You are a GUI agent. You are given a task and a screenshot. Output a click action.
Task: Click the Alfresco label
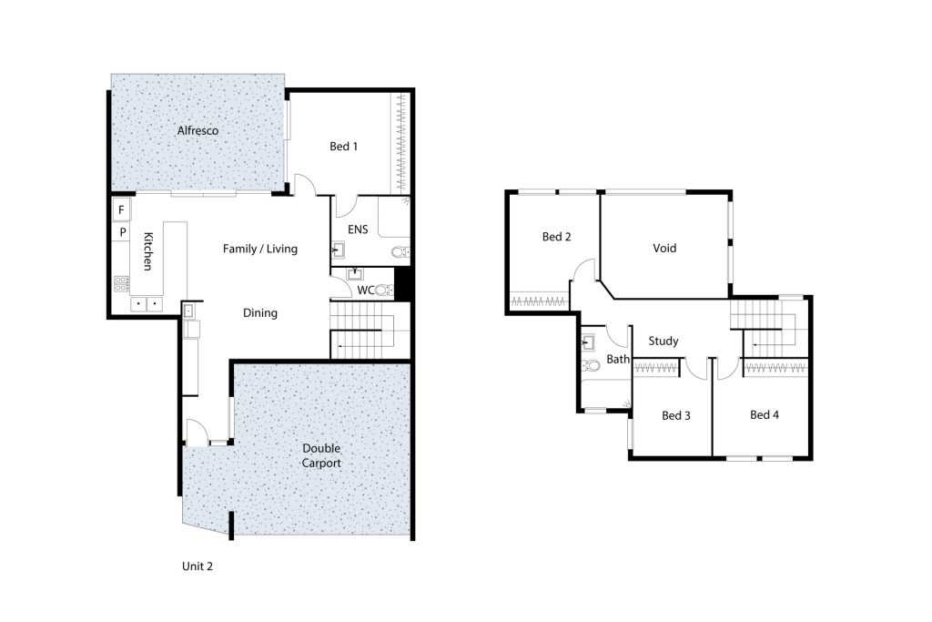(x=198, y=130)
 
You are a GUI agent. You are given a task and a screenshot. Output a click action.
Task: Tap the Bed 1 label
(x=343, y=147)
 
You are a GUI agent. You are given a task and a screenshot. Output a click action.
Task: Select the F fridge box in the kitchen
(x=121, y=209)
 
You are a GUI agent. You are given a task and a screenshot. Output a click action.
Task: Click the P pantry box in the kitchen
(x=123, y=232)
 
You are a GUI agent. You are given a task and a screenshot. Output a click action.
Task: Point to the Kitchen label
(x=148, y=251)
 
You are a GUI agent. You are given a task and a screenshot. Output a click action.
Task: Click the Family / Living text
(x=260, y=249)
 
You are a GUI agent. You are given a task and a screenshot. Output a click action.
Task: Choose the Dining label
(x=260, y=312)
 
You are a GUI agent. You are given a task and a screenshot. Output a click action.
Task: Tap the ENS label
(x=358, y=229)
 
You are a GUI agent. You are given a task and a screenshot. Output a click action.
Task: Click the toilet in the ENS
(x=400, y=252)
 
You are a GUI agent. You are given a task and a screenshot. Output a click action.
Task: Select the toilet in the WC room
(x=384, y=291)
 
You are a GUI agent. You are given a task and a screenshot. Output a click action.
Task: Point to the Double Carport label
(x=321, y=455)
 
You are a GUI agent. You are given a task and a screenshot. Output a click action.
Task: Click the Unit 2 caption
(x=198, y=566)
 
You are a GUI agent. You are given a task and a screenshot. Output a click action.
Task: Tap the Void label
(x=664, y=248)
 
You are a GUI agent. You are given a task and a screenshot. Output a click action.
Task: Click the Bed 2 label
(x=556, y=237)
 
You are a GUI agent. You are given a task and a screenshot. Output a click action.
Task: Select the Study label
(x=664, y=341)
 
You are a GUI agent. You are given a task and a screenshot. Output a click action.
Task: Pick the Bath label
(x=618, y=359)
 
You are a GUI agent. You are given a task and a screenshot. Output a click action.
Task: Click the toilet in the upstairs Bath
(x=591, y=364)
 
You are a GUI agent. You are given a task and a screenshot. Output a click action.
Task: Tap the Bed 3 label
(x=676, y=415)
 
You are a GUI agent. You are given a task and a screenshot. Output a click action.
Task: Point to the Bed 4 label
(x=765, y=414)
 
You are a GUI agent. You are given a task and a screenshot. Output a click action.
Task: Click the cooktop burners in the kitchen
(x=121, y=284)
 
